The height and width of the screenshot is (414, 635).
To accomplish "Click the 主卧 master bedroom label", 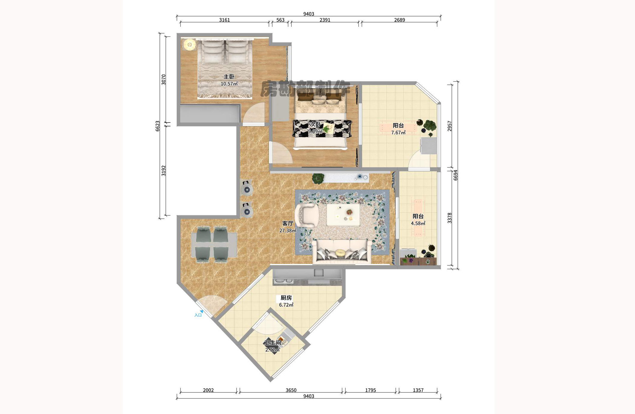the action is [229, 77].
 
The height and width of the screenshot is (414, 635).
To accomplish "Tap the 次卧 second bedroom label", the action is [315, 124].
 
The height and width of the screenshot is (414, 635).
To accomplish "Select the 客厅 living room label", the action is [288, 223].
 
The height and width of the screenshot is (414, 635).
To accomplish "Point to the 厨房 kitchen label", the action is [286, 298].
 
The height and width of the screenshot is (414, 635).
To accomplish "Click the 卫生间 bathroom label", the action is [273, 343].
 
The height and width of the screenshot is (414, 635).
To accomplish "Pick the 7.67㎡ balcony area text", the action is [398, 133].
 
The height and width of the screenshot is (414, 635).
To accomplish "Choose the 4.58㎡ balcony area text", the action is [418, 223].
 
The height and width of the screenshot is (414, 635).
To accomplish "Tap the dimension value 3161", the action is [224, 20].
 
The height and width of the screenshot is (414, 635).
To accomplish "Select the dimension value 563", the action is [280, 20].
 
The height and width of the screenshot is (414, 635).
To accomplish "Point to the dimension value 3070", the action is [163, 80].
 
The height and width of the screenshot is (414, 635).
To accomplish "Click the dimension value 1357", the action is [418, 390].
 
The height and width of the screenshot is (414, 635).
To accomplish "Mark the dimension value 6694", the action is [455, 175].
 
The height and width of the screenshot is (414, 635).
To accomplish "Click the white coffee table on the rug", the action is [343, 214].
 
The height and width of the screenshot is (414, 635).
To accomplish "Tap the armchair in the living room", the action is [306, 215].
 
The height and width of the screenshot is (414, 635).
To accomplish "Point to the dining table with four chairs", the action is [214, 244].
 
